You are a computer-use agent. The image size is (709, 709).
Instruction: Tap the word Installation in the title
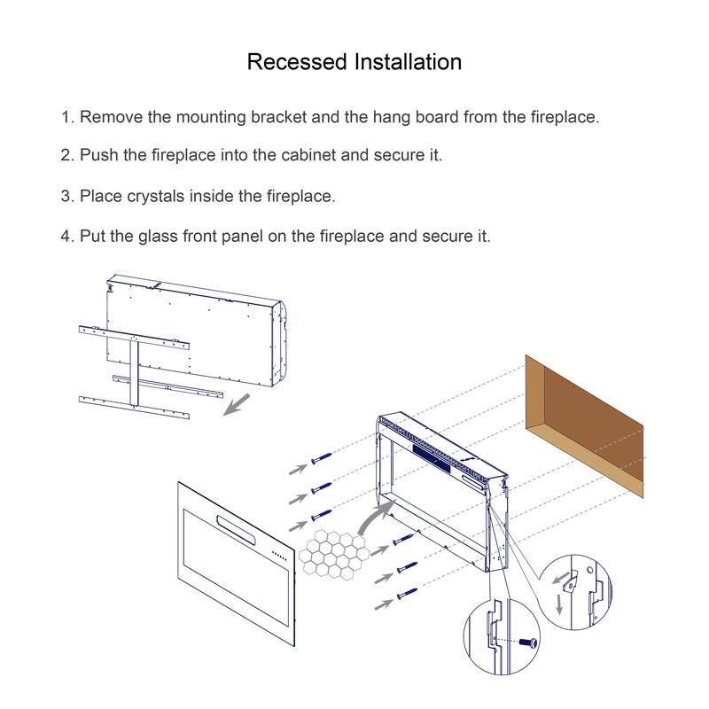[408, 62]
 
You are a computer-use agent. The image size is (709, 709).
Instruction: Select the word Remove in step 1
[111, 117]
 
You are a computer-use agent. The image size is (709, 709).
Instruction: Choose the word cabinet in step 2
[306, 155]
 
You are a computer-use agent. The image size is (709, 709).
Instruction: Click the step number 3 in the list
[66, 196]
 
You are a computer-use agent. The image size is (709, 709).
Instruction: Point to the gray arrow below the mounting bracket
[235, 407]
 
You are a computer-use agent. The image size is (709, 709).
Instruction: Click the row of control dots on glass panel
[278, 557]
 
